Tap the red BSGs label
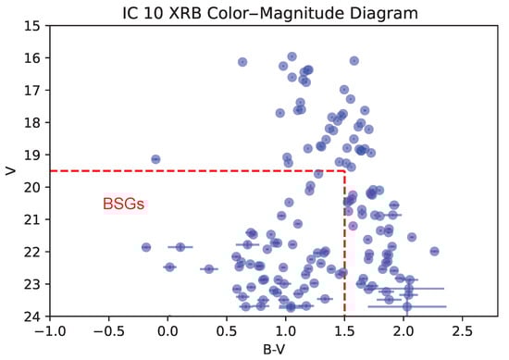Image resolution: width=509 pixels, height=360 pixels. tap(123, 205)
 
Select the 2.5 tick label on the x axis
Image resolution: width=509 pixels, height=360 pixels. tap(462, 330)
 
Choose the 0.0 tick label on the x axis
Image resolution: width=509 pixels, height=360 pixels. tap(168, 330)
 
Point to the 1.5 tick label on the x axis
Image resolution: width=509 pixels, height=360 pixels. tap(344, 330)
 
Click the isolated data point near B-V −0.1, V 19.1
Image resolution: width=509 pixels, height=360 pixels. tap(155, 159)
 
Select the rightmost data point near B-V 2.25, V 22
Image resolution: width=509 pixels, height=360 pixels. tap(434, 251)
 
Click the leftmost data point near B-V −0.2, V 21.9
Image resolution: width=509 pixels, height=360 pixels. tap(146, 247)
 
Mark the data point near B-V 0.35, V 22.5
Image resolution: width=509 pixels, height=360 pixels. tap(208, 268)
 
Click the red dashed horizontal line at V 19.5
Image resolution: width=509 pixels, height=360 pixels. tap(185, 170)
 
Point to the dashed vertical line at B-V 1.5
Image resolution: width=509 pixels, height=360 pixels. tap(344, 250)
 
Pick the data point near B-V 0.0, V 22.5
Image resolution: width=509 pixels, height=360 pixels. tap(169, 267)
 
